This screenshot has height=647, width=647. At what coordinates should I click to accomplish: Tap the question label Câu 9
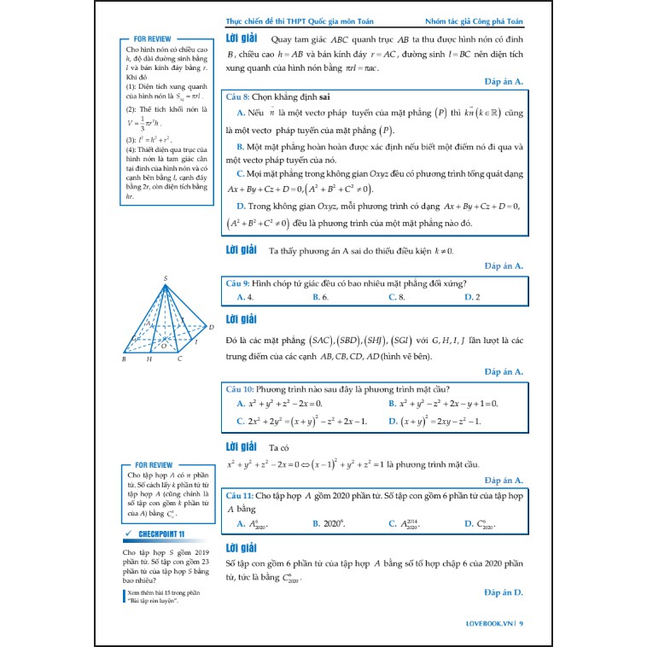tap(237, 283)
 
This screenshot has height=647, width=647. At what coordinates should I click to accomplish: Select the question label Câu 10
tap(239, 388)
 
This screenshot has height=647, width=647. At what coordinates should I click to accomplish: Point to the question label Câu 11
tap(239, 495)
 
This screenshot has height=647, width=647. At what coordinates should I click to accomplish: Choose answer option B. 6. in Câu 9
tap(320, 297)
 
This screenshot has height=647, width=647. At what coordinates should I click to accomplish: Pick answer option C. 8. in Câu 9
tap(396, 297)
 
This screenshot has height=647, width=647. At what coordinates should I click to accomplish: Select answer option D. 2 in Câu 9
tap(472, 297)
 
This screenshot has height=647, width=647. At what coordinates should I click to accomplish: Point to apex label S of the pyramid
tap(166, 278)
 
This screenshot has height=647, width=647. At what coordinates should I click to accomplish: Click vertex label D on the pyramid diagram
tap(211, 327)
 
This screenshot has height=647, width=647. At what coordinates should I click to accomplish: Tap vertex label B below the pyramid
tap(125, 359)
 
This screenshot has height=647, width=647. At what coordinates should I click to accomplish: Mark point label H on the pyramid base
tap(149, 359)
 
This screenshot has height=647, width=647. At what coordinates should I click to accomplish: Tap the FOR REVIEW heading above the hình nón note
tap(153, 39)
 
